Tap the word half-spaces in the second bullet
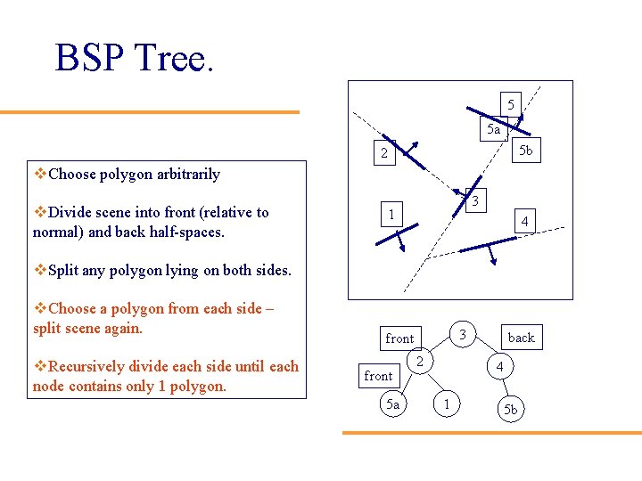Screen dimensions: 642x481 (187, 232)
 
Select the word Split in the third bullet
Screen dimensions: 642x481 (65, 270)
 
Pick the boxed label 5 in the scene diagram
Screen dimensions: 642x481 (510, 104)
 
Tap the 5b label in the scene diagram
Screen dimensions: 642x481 (526, 151)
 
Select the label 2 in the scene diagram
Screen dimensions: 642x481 (384, 154)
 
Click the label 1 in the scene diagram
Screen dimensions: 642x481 (391, 215)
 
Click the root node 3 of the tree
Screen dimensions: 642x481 (463, 333)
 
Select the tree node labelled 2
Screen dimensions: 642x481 (418, 361)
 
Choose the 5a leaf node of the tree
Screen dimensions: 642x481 (392, 404)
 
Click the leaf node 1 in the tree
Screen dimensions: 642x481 (447, 405)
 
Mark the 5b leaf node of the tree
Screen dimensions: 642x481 (509, 410)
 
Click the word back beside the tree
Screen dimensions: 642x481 (521, 337)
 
